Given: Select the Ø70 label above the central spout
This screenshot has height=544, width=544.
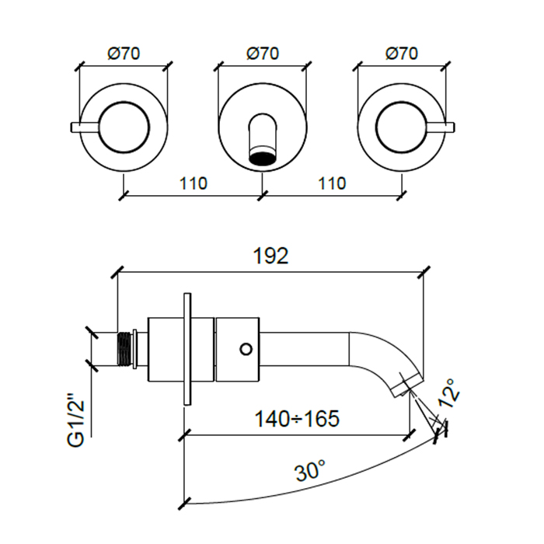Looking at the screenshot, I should [262, 54].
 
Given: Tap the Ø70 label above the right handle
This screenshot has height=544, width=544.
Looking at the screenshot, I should [401, 54].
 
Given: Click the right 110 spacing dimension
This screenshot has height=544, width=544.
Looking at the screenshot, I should [331, 184].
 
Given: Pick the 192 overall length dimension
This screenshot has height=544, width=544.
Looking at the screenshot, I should [271, 257].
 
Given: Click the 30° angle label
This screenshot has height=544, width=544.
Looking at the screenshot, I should [309, 471].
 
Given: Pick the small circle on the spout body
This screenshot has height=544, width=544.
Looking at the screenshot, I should [246, 347].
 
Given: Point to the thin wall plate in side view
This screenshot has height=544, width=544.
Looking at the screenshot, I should [187, 348].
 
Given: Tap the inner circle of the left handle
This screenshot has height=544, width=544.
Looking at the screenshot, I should [124, 124].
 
